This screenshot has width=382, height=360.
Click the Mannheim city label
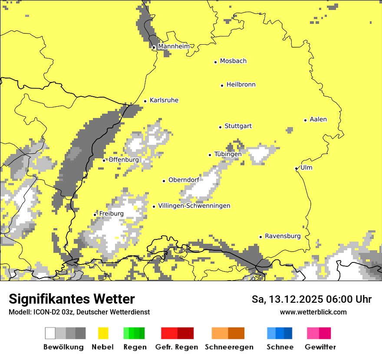174,46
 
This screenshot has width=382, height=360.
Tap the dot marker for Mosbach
215,62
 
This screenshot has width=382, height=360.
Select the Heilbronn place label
241,85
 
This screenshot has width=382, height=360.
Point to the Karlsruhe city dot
145,101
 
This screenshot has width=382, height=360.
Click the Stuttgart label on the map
238,126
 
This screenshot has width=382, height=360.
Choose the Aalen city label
318,119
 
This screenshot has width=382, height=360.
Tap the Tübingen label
228,154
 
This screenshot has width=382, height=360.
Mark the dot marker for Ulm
296,168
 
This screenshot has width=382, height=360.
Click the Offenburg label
124,160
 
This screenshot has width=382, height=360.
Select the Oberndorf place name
184,180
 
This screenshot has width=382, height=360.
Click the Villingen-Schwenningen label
194,206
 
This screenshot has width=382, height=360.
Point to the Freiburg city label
111,213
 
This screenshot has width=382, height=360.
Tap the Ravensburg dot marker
260,237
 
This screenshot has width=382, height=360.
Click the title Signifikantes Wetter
72,299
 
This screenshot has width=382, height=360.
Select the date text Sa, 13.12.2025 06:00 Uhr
311,299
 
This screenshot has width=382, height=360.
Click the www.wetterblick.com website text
313,312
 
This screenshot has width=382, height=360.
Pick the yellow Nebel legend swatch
103,333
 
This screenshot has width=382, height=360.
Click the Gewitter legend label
320,347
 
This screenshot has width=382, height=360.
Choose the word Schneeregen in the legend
229,347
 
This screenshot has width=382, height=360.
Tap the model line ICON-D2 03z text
79,312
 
